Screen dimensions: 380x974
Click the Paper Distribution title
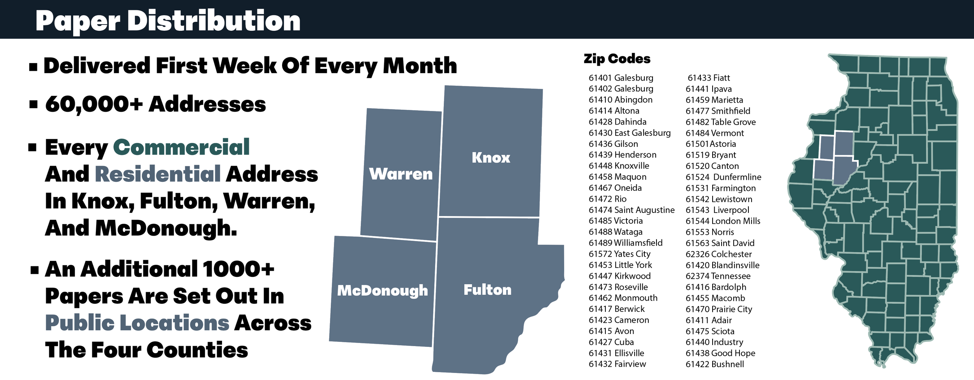[168, 21]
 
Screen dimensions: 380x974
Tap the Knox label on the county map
[491, 158]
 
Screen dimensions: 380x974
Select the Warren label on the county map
[401, 174]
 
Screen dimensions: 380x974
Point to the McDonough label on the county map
[383, 290]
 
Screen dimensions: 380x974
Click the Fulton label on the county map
[487, 290]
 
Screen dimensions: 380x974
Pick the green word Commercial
[181, 147]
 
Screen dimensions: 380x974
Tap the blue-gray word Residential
[158, 174]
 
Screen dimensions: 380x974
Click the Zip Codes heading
[617, 59]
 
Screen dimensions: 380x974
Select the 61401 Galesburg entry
[621, 78]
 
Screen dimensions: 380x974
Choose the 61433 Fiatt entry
[709, 78]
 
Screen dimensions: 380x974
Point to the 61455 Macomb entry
[715, 298]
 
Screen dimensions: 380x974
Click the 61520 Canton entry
[712, 166]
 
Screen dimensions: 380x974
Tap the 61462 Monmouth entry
[623, 298]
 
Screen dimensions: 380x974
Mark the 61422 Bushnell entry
[715, 364]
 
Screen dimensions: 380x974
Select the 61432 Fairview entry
[617, 364]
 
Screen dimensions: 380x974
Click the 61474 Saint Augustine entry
[632, 210]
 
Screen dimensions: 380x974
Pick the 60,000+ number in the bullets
[94, 104]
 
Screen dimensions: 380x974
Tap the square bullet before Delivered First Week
[33, 67]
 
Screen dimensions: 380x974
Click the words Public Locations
[137, 323]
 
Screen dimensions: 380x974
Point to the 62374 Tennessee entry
[718, 276]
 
